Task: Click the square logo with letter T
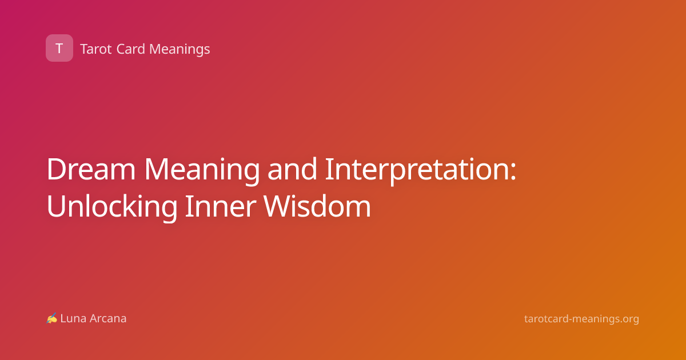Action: coord(59,48)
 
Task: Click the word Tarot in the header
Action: coord(96,49)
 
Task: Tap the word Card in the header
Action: coord(131,49)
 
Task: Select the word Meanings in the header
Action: coord(180,50)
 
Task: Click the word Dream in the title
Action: coord(91,169)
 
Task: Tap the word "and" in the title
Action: coord(292,169)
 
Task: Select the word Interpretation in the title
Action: coord(417,171)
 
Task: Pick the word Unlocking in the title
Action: coord(112,207)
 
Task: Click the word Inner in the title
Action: coord(221,206)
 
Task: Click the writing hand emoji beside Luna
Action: coord(52,318)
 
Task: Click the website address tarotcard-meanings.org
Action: coord(581,319)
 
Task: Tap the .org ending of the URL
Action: coord(628,320)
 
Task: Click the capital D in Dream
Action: coord(57,169)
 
